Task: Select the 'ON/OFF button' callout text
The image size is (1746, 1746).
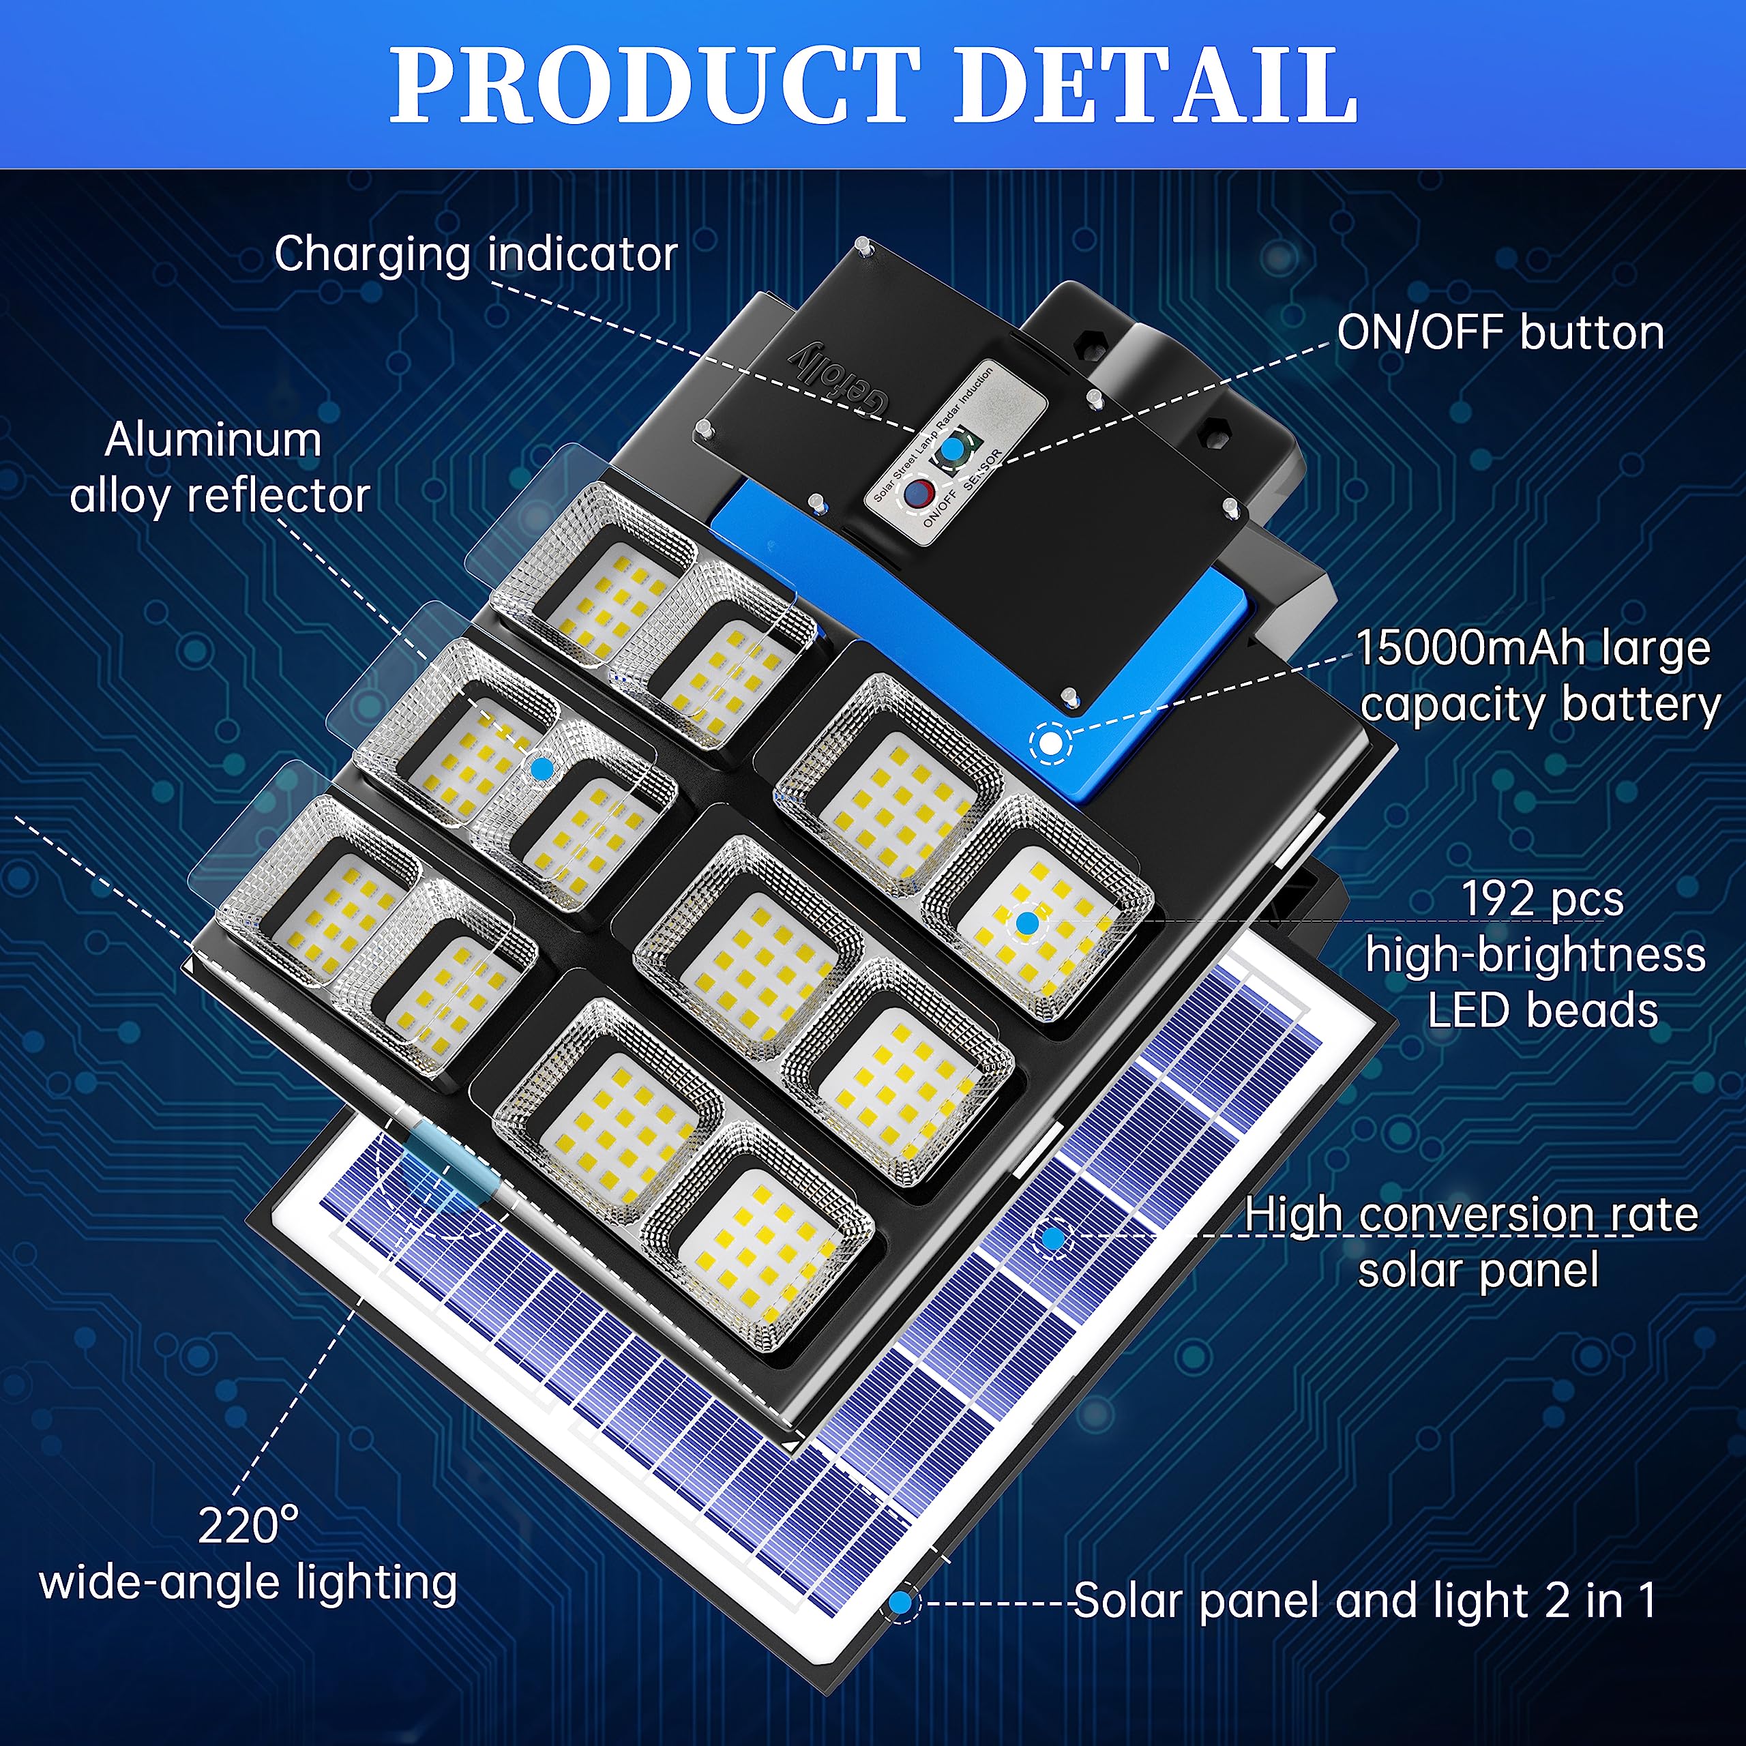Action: (x=1500, y=333)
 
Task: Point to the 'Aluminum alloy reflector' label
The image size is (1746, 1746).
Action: (x=217, y=468)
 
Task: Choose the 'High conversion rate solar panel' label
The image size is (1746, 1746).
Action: (x=1473, y=1242)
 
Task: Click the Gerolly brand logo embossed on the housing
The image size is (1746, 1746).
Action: (x=839, y=381)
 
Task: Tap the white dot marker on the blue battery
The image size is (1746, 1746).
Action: (x=1050, y=743)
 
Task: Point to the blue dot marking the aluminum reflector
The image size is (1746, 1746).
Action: (x=542, y=768)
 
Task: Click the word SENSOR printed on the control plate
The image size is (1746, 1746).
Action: (x=983, y=469)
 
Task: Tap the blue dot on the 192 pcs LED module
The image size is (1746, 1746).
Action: (x=1026, y=923)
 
